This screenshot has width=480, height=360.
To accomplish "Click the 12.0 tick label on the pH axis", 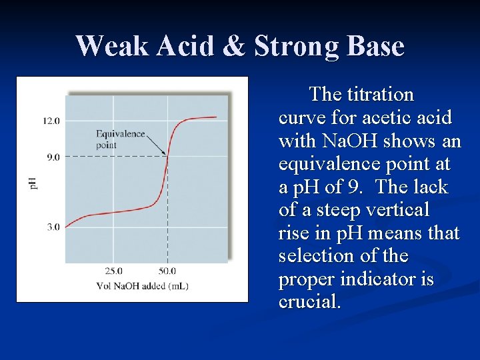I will point(51,121).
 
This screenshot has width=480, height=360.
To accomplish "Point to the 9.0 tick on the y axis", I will point(51,157).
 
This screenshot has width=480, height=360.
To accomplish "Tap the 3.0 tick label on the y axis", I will point(51,227).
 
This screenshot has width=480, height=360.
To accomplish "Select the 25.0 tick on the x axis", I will point(113,271).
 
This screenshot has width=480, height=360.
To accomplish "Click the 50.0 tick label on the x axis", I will point(167,271).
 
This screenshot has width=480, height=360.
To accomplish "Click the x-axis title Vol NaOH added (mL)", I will point(142,286).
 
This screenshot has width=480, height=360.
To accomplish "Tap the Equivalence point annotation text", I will point(120,139).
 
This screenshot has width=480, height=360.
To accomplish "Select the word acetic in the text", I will point(384,118).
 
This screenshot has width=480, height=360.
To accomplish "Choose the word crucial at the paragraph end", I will point(309,302).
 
